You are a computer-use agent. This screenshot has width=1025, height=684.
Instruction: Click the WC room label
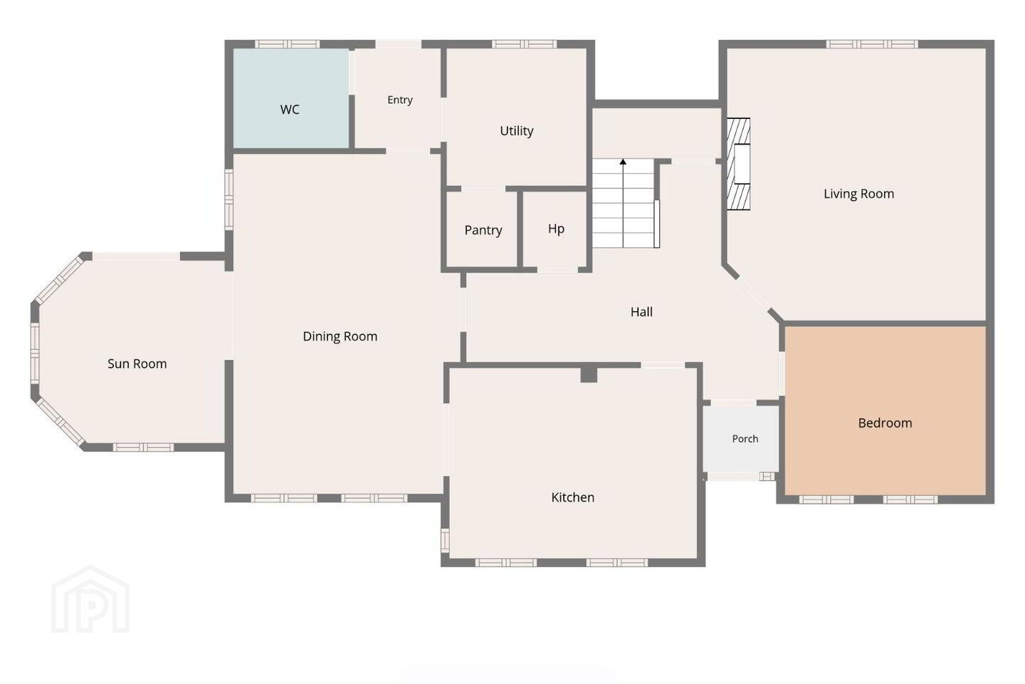pos(290,110)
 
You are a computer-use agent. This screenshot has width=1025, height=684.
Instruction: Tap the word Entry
pos(400,100)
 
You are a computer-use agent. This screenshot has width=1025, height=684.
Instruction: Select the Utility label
pos(517,131)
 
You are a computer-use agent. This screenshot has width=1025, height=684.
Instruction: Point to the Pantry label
pos(483,230)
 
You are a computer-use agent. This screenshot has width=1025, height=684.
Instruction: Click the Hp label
pos(556,229)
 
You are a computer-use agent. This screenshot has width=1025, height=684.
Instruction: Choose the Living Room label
pos(859,194)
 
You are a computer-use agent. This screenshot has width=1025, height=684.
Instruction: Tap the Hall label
pos(641,312)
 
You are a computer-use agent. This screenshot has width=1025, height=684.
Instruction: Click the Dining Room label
pos(340,337)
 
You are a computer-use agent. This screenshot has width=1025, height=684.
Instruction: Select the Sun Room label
pos(137,364)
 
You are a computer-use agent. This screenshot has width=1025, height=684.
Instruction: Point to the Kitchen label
pos(573,497)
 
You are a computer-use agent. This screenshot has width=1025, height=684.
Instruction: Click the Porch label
pos(745,439)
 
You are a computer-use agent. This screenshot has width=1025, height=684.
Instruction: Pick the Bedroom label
pos(885,423)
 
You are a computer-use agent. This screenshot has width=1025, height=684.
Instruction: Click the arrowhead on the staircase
pos(623,162)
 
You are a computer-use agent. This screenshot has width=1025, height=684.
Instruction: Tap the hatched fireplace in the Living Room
pos(739,164)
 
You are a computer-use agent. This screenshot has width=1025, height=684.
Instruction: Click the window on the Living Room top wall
pos(872,44)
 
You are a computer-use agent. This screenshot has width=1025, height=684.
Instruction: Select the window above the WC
pos(287,44)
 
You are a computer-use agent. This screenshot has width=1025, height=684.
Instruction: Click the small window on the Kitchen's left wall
pos(445,541)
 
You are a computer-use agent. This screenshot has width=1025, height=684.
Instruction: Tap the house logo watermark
pos(90,599)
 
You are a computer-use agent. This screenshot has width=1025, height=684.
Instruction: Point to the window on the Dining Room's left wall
pos(228,199)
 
